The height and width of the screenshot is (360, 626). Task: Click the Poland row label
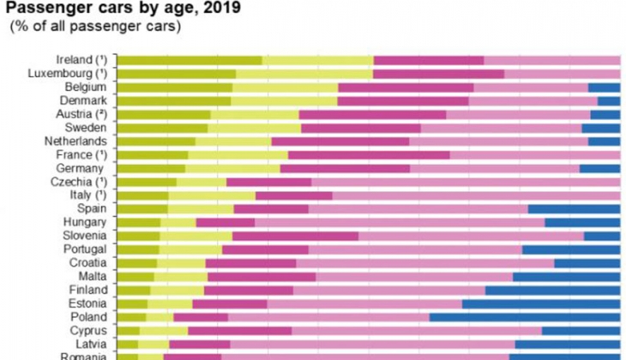click(x=87, y=317)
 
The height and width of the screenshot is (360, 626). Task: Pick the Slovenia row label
click(x=83, y=236)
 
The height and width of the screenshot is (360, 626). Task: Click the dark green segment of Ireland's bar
click(x=190, y=60)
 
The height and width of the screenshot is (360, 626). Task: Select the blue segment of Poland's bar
click(x=525, y=317)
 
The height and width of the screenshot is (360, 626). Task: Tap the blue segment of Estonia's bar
click(x=541, y=303)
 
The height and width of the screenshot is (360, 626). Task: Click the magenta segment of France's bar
click(x=369, y=155)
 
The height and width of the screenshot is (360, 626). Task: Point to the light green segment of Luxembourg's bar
click(x=304, y=74)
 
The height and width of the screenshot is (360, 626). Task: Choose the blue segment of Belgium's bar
click(x=604, y=87)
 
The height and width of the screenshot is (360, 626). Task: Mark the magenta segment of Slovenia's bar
click(x=295, y=236)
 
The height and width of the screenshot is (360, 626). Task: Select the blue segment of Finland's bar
click(x=553, y=290)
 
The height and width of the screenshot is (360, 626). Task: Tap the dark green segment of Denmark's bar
click(x=173, y=101)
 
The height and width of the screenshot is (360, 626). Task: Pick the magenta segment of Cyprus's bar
click(x=239, y=331)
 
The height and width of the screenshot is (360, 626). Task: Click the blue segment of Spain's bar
click(x=574, y=208)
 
